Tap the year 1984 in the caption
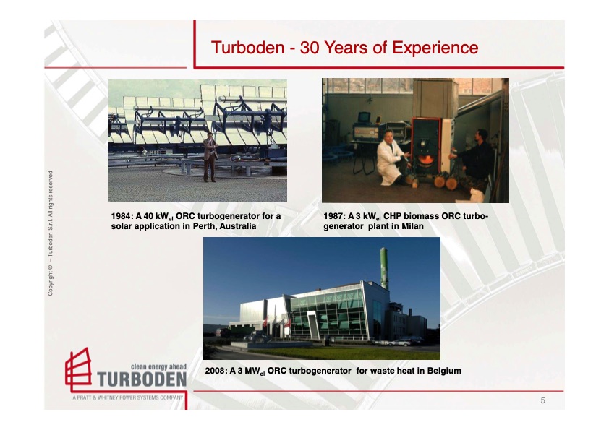point(121,216)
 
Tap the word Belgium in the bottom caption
point(442,371)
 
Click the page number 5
point(543,400)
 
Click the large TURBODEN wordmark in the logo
point(142,379)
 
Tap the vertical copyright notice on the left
point(51,233)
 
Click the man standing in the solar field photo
point(209,156)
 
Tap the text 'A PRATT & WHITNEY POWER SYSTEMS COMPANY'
point(128,398)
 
